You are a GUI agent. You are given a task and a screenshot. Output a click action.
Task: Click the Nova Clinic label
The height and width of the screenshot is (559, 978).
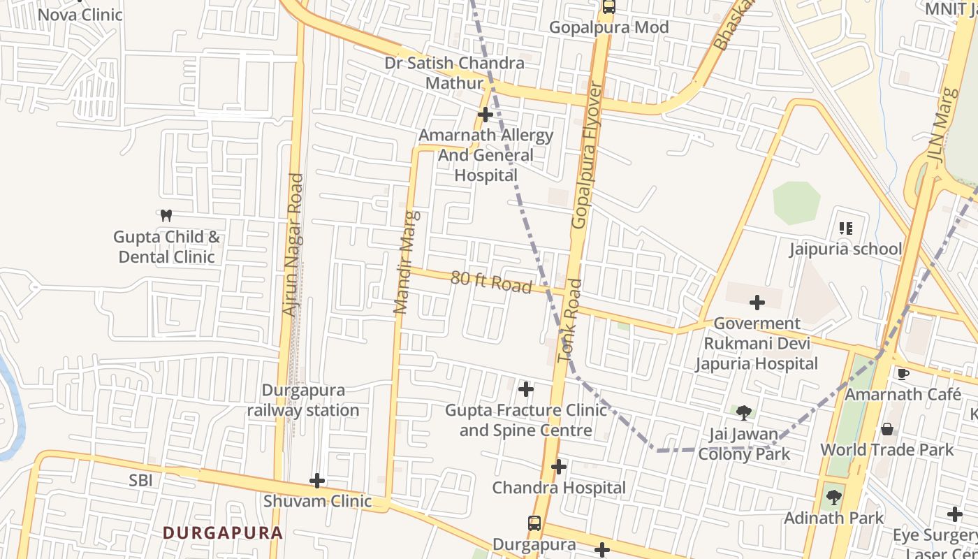(x=80, y=14)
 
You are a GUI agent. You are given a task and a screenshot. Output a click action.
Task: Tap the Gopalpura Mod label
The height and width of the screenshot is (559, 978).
(x=608, y=27)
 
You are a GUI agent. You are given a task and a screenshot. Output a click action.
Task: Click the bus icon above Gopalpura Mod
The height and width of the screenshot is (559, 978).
(x=609, y=7)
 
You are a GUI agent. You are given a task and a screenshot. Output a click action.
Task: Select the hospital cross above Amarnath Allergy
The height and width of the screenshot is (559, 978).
(x=485, y=114)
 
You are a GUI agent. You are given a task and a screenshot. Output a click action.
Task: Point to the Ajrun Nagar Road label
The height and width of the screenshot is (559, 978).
(x=294, y=245)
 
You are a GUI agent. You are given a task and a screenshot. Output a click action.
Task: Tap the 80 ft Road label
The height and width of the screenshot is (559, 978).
(x=490, y=282)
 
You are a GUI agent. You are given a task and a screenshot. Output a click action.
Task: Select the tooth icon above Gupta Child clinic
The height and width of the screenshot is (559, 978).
(x=166, y=215)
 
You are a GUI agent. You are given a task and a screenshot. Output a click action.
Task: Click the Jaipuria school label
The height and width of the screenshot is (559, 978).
(x=845, y=249)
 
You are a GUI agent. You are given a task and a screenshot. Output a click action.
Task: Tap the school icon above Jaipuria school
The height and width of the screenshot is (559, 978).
(x=845, y=228)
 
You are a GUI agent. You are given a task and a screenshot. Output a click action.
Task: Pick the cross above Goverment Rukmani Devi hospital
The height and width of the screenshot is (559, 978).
(x=757, y=303)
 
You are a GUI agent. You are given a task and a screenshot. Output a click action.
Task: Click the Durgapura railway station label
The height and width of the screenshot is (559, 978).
(x=303, y=400)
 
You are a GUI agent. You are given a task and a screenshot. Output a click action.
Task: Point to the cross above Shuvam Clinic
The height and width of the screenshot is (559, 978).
(x=317, y=480)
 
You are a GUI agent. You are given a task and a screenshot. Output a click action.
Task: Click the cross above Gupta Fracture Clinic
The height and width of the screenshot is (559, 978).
(x=526, y=389)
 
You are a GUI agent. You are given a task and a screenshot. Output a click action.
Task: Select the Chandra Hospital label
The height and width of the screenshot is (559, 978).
(x=559, y=488)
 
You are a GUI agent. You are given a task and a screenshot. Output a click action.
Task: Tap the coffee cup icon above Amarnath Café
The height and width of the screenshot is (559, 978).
(x=903, y=374)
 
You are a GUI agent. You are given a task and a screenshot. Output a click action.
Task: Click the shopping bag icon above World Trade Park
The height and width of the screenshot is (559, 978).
(x=887, y=428)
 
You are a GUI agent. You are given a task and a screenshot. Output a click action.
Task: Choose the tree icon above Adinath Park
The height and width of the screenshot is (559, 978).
(x=833, y=498)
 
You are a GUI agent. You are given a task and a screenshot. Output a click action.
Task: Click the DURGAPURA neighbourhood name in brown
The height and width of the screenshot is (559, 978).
(x=223, y=532)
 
